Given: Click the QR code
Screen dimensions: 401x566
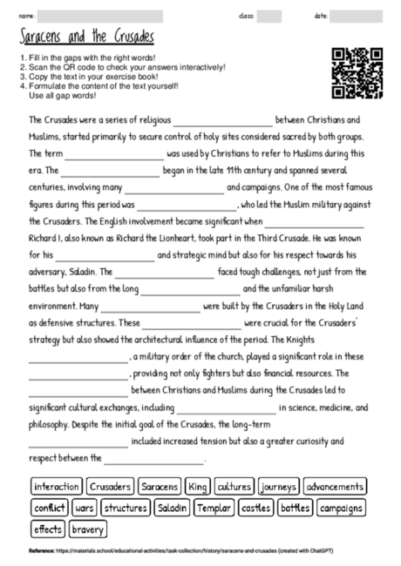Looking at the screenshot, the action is pos(357,73).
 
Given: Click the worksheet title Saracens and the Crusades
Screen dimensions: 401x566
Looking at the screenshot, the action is pos(85,37).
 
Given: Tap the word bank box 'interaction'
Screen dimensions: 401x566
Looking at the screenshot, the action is pos(56,486).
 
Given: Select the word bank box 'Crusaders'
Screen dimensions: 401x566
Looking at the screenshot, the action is pos(111,486).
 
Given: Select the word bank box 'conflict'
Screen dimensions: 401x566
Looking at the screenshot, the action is pos(50,507).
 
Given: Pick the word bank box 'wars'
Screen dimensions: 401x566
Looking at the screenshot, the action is pos(85,507).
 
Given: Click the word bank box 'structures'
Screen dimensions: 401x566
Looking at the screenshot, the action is pos(126,507).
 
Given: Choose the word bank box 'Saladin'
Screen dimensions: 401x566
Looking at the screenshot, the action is pos(173,507).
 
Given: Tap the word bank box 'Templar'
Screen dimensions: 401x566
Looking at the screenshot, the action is pos(214,507).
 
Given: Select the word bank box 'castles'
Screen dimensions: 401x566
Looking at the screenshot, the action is pos(255,507).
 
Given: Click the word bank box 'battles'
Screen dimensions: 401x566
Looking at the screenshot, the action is pos(295,507).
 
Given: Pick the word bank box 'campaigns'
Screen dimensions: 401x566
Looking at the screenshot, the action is pos(341,507).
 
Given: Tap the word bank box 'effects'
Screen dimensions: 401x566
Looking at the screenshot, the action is pos(48,529).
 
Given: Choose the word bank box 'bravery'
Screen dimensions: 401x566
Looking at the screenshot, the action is pos(87,529).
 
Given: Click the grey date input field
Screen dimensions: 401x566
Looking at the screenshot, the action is pos(356,16).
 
